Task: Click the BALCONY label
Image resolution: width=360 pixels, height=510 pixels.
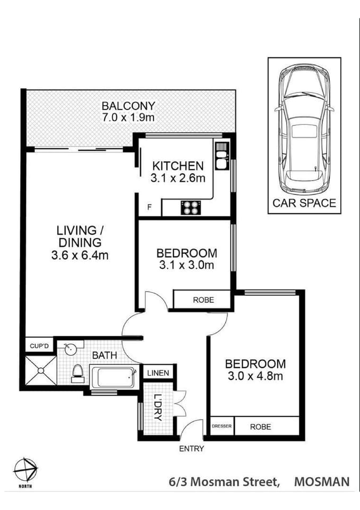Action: [x=128, y=105]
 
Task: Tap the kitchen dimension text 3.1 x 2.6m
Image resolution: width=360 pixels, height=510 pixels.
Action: [x=177, y=178]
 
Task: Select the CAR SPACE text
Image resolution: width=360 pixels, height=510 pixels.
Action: [x=304, y=202]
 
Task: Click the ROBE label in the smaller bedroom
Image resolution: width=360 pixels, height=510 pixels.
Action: [x=203, y=300]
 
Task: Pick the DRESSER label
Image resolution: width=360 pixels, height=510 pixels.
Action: [x=222, y=426]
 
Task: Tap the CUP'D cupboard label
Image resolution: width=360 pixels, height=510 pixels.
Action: [x=39, y=346]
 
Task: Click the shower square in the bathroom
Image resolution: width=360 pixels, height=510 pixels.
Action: [x=40, y=370]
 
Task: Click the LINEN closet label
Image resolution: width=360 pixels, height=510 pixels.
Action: [x=158, y=373]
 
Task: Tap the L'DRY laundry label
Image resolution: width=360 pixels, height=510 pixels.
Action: [x=157, y=408]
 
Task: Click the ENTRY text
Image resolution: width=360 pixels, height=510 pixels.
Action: [x=191, y=448]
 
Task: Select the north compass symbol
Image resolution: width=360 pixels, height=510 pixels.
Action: [x=25, y=470]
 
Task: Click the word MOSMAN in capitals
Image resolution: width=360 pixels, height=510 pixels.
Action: [x=322, y=482]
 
